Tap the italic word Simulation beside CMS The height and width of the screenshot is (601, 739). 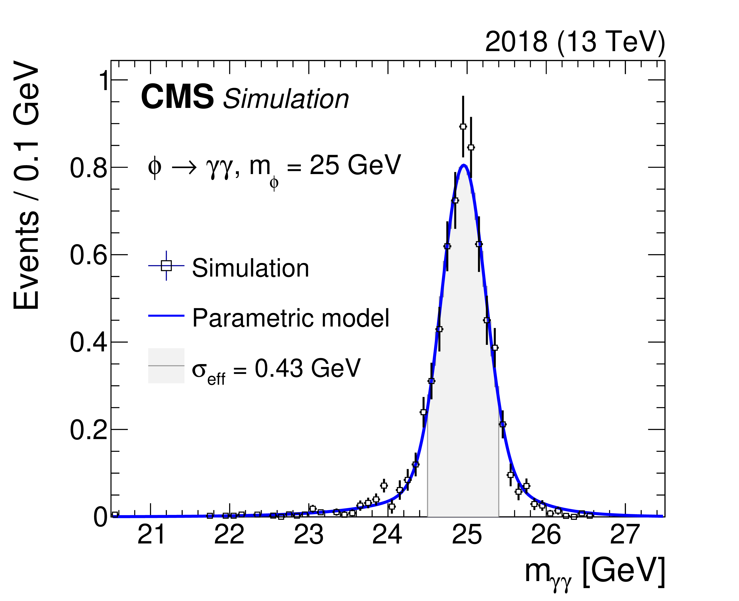click(286, 99)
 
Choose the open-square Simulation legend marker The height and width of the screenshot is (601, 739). click(166, 266)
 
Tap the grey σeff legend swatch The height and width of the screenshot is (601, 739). click(166, 365)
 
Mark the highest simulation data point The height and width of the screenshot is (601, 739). click(463, 127)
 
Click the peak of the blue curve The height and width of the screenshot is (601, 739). click(464, 165)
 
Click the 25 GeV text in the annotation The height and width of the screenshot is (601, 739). click(355, 165)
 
